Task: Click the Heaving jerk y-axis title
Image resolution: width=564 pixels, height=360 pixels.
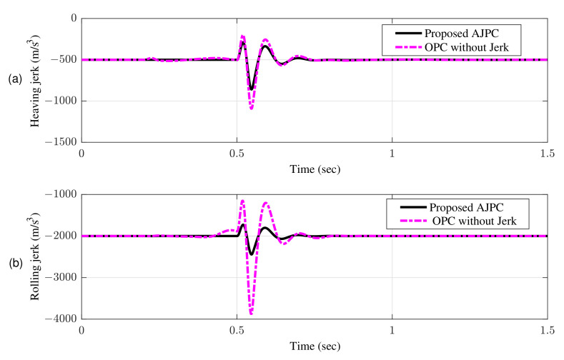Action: [x=34, y=81]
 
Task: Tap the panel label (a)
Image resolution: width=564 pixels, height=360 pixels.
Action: [x=15, y=81]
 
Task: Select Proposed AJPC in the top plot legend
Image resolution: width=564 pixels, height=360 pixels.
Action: [x=458, y=33]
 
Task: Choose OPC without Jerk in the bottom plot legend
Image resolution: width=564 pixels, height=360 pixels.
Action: [x=471, y=221]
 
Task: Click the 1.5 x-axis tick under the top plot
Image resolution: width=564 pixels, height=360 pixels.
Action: [x=547, y=154]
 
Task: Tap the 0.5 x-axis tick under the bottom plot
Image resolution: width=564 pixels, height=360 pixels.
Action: [x=237, y=331]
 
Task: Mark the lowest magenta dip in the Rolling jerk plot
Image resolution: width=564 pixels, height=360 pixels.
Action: [x=251, y=314]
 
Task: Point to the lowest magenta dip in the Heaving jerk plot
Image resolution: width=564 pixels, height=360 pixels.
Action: [x=251, y=109]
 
